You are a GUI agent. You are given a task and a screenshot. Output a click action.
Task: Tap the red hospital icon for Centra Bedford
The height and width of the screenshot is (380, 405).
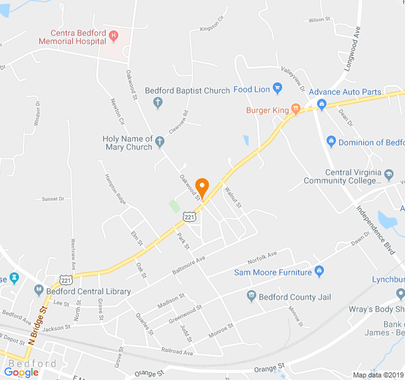pos(113,35)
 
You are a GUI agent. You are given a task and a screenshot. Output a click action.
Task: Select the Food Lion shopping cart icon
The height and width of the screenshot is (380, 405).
pos(277,87)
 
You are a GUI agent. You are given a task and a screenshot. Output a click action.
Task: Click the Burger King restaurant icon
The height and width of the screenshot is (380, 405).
pos(295,110)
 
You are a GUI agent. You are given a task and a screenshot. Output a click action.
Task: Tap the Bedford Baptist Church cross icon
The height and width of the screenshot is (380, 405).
pos(158,101)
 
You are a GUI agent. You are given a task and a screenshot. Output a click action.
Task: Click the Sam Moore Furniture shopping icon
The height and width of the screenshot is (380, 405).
pos(319,272)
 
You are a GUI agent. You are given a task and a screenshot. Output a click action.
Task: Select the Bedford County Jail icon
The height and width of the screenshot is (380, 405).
pos(251,296)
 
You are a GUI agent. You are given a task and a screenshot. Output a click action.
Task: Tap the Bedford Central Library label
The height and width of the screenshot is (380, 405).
pos(89,292)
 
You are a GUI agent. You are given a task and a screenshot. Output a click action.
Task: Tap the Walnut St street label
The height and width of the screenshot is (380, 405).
pos(233,196)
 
